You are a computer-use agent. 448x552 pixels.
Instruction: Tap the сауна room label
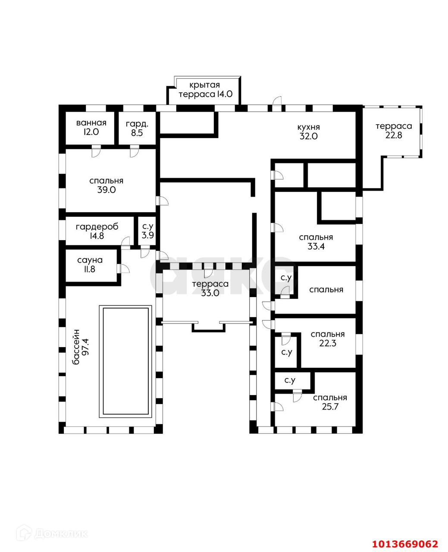(90, 260)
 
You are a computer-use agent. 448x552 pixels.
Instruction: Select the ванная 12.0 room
(91, 128)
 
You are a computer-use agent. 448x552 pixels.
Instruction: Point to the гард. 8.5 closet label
(137, 128)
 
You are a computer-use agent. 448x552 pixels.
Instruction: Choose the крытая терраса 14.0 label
(205, 90)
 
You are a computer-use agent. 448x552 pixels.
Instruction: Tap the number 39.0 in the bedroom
(107, 189)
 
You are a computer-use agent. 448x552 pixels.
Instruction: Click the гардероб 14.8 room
(97, 231)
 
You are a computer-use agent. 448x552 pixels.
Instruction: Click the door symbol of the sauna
(125, 268)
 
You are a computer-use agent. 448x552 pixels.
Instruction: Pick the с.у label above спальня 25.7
(290, 380)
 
